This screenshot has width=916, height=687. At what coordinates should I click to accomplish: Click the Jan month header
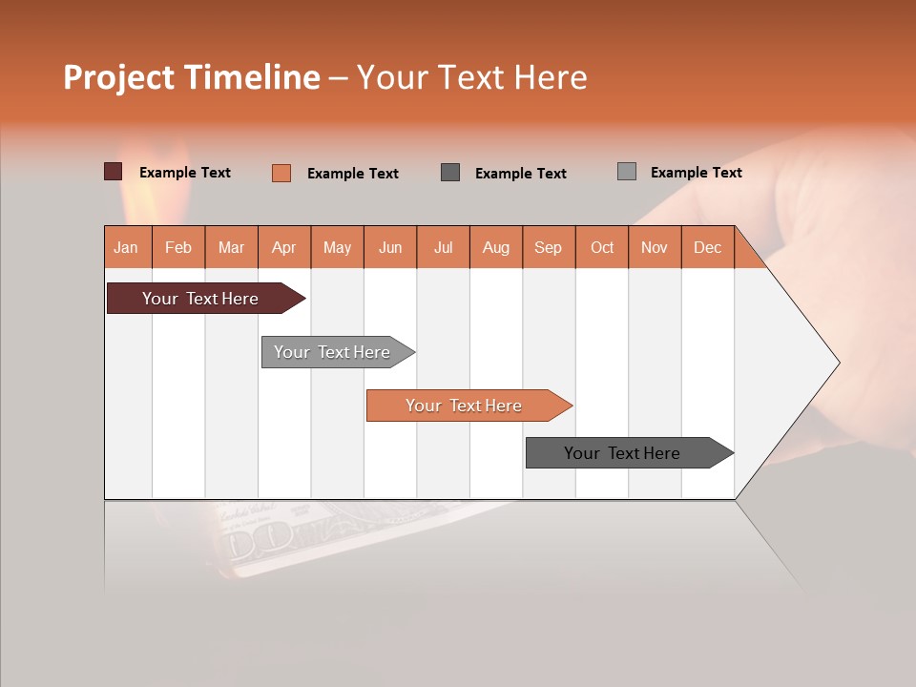click(x=126, y=247)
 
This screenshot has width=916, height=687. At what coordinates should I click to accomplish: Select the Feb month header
click(x=178, y=247)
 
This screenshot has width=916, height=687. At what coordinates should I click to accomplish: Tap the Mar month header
click(x=231, y=247)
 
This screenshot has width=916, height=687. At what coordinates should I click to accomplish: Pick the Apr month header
click(x=284, y=247)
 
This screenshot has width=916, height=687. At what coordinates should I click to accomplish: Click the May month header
click(x=337, y=247)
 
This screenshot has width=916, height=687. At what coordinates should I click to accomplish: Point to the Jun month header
click(x=390, y=247)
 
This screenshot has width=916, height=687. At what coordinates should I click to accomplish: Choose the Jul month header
click(x=443, y=247)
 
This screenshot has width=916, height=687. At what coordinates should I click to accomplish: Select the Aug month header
click(x=496, y=247)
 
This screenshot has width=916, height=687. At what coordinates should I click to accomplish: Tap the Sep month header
click(x=549, y=247)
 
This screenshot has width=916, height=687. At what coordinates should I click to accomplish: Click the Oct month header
click(x=602, y=247)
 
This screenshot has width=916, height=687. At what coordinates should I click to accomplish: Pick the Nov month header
click(x=655, y=247)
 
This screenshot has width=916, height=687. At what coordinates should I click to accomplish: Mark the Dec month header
click(x=708, y=247)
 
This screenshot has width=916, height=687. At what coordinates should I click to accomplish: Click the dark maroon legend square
click(x=114, y=172)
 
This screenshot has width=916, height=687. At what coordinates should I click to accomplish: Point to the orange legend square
click(x=281, y=173)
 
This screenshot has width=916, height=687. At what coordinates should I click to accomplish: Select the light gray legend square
click(x=627, y=172)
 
